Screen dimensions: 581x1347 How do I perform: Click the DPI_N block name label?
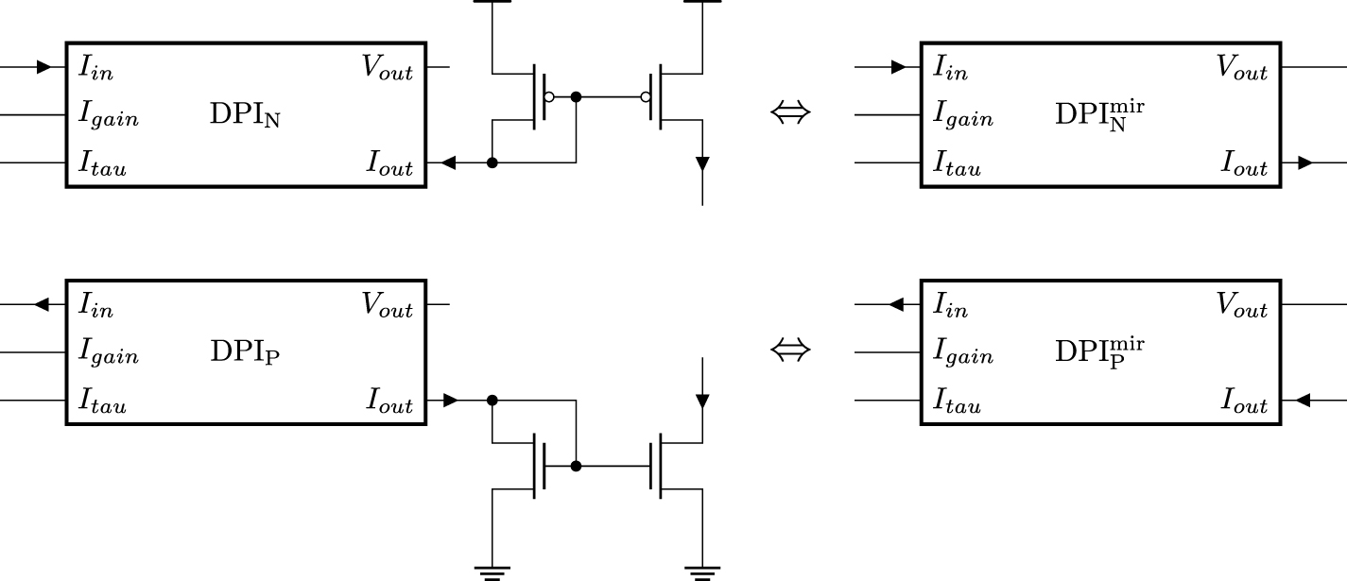[245, 116]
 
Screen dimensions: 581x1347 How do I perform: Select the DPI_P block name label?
[245, 353]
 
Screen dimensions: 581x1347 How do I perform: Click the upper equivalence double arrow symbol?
[790, 114]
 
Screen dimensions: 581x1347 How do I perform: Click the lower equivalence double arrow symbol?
[790, 351]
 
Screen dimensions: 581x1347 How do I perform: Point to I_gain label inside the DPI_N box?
[109, 117]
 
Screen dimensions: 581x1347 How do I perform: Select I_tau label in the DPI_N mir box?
[958, 167]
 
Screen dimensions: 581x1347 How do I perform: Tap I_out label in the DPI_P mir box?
[1244, 404]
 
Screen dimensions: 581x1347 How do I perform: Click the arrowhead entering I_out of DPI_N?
[449, 163]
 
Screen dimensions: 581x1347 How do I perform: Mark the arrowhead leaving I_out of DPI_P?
[450, 401]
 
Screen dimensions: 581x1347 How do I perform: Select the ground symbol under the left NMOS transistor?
[492, 571]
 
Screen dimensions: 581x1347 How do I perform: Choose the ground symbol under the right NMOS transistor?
[701, 571]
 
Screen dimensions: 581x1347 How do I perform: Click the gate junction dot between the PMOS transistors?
[576, 96]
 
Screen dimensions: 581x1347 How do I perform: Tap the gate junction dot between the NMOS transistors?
[576, 466]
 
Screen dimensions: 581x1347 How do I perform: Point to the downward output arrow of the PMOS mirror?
[701, 164]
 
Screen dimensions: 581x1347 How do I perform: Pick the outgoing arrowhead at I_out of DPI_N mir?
[1304, 163]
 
